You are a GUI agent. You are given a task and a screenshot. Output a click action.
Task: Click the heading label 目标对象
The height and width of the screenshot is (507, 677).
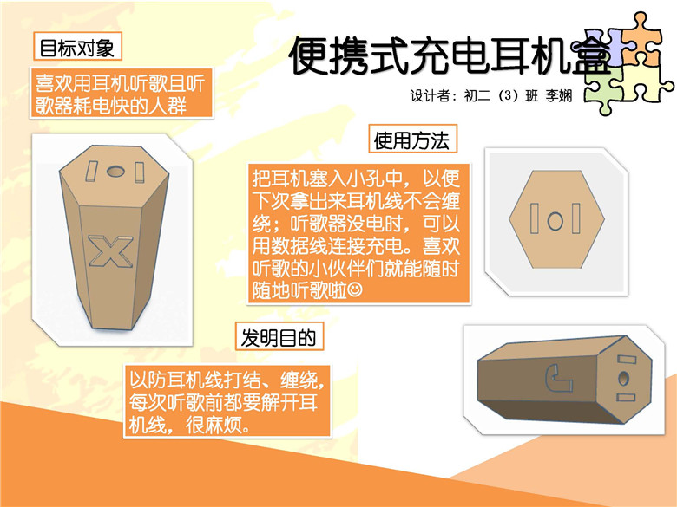(x=77, y=47)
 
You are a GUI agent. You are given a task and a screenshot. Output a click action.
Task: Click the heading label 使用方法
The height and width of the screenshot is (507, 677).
(x=412, y=140)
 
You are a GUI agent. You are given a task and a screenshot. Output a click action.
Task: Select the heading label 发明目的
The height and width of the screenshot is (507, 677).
(x=279, y=336)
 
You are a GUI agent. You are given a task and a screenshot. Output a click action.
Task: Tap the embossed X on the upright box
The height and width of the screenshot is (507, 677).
(x=110, y=251)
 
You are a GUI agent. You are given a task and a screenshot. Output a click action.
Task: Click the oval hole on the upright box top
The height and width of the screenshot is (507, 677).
(x=115, y=172)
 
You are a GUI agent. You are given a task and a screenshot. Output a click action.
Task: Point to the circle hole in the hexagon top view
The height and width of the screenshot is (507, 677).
(x=555, y=221)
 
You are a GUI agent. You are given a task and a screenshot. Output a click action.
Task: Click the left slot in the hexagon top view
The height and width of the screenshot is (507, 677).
(x=534, y=218)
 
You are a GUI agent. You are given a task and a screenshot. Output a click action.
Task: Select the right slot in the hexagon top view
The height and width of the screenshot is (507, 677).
(x=576, y=218)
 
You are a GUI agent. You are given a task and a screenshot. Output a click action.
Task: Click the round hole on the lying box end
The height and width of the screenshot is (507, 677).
(x=623, y=379)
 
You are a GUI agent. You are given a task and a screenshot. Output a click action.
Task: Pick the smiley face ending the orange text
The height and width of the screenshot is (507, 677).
(x=355, y=289)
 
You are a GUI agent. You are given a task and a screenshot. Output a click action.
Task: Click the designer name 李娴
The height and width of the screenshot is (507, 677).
(x=559, y=95)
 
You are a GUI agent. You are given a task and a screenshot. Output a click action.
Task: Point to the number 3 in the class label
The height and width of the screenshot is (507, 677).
(x=508, y=95)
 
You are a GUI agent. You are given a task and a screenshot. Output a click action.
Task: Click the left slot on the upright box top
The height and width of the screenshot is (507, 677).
(x=91, y=171)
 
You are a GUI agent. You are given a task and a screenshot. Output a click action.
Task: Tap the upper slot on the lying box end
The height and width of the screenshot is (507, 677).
(x=627, y=360)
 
